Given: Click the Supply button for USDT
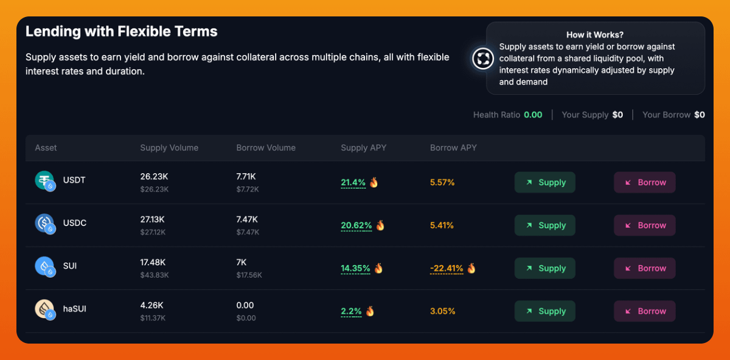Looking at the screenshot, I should coord(544,182).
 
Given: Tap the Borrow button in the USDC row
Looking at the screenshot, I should coord(644,225).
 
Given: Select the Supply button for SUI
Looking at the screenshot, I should coord(544,268).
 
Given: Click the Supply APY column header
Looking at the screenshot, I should coord(363,148).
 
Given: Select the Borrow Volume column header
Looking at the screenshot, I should coord(266,148).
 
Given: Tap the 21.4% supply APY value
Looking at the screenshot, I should coord(353,182).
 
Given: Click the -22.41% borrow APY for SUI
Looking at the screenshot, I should coord(447,268).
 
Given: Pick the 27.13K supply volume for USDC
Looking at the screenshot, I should coord(153,219).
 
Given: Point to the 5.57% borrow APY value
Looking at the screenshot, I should coord(442,182).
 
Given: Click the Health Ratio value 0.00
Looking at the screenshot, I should coord(533,115).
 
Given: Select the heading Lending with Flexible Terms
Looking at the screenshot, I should coord(121,31).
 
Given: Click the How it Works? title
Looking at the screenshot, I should coord(594,35).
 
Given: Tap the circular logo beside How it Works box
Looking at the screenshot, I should coord(484,59).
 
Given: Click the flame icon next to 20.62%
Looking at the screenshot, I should coord(380,225).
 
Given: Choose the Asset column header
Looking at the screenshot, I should coord(46,148).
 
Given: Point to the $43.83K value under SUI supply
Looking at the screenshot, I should coord(155,275).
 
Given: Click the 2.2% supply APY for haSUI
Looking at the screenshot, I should coord(352,311).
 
